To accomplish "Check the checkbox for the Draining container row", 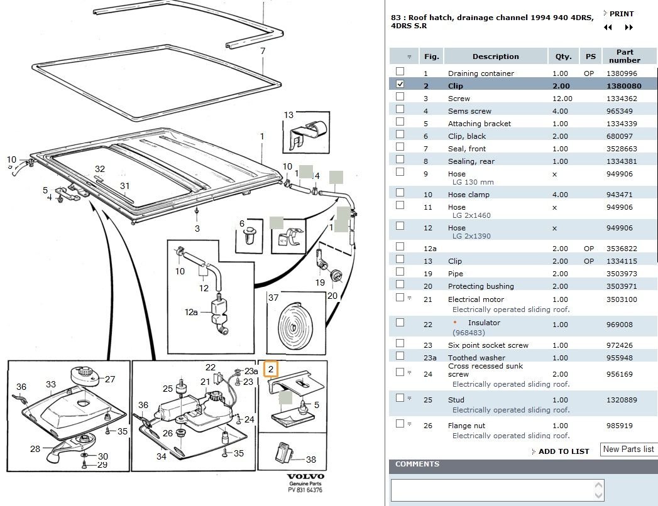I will click(x=400, y=72).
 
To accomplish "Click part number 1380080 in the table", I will click(x=623, y=86).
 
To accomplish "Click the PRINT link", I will click(x=621, y=14).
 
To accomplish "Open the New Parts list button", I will click(x=628, y=449).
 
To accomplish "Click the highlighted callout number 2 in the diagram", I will click(x=271, y=369).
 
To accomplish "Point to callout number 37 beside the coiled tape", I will click(x=273, y=298).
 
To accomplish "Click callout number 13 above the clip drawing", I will click(x=288, y=115).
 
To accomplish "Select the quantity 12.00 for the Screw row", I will click(x=562, y=99).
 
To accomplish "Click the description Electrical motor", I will click(x=476, y=299).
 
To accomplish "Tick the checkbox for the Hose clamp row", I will click(x=400, y=193).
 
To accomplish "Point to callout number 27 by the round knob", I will click(x=110, y=379).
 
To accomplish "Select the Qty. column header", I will click(x=563, y=57).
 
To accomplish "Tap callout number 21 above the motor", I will click(x=206, y=382).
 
